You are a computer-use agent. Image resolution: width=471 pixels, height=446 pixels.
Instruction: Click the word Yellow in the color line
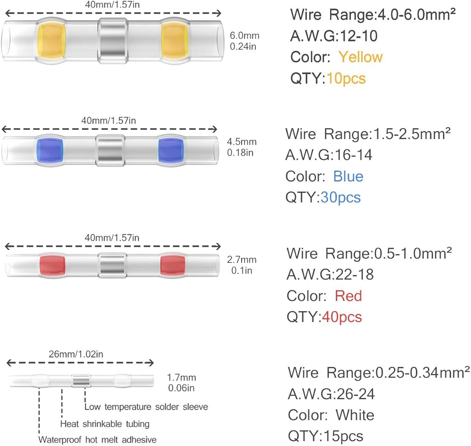(x=360, y=57)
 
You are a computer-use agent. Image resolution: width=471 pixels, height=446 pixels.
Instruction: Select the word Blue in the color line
(x=348, y=176)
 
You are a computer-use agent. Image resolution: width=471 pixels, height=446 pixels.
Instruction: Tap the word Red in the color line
(x=348, y=296)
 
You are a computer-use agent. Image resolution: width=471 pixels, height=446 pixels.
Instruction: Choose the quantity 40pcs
(x=342, y=316)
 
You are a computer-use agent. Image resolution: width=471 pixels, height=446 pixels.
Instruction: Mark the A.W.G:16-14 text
(x=329, y=155)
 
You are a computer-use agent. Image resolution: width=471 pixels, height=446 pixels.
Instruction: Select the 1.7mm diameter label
(x=181, y=378)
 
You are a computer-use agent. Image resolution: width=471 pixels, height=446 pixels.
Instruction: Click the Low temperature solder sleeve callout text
(x=146, y=406)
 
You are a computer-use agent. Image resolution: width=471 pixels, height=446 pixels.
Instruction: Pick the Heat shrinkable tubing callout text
(x=105, y=423)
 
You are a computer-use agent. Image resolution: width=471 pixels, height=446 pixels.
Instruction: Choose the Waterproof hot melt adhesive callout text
(x=97, y=440)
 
